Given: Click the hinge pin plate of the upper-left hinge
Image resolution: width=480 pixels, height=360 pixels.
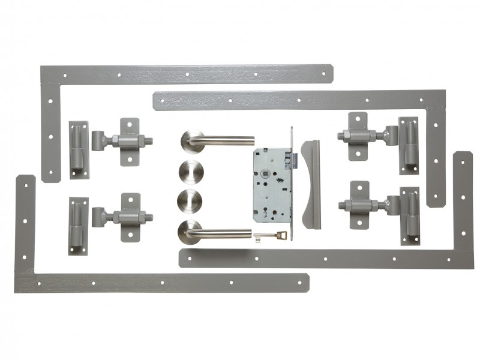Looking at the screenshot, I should pos(78,150).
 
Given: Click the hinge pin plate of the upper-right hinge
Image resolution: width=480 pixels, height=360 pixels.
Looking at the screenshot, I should pos(409,145).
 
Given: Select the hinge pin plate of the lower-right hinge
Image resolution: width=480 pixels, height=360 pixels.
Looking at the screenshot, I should pos(410,216).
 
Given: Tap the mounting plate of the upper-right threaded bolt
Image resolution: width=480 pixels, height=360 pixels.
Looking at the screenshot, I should pos(358,137).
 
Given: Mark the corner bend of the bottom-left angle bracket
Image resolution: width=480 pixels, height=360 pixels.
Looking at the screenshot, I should pos(25,282).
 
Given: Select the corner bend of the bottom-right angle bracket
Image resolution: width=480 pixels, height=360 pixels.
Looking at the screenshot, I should pos(463,258).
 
